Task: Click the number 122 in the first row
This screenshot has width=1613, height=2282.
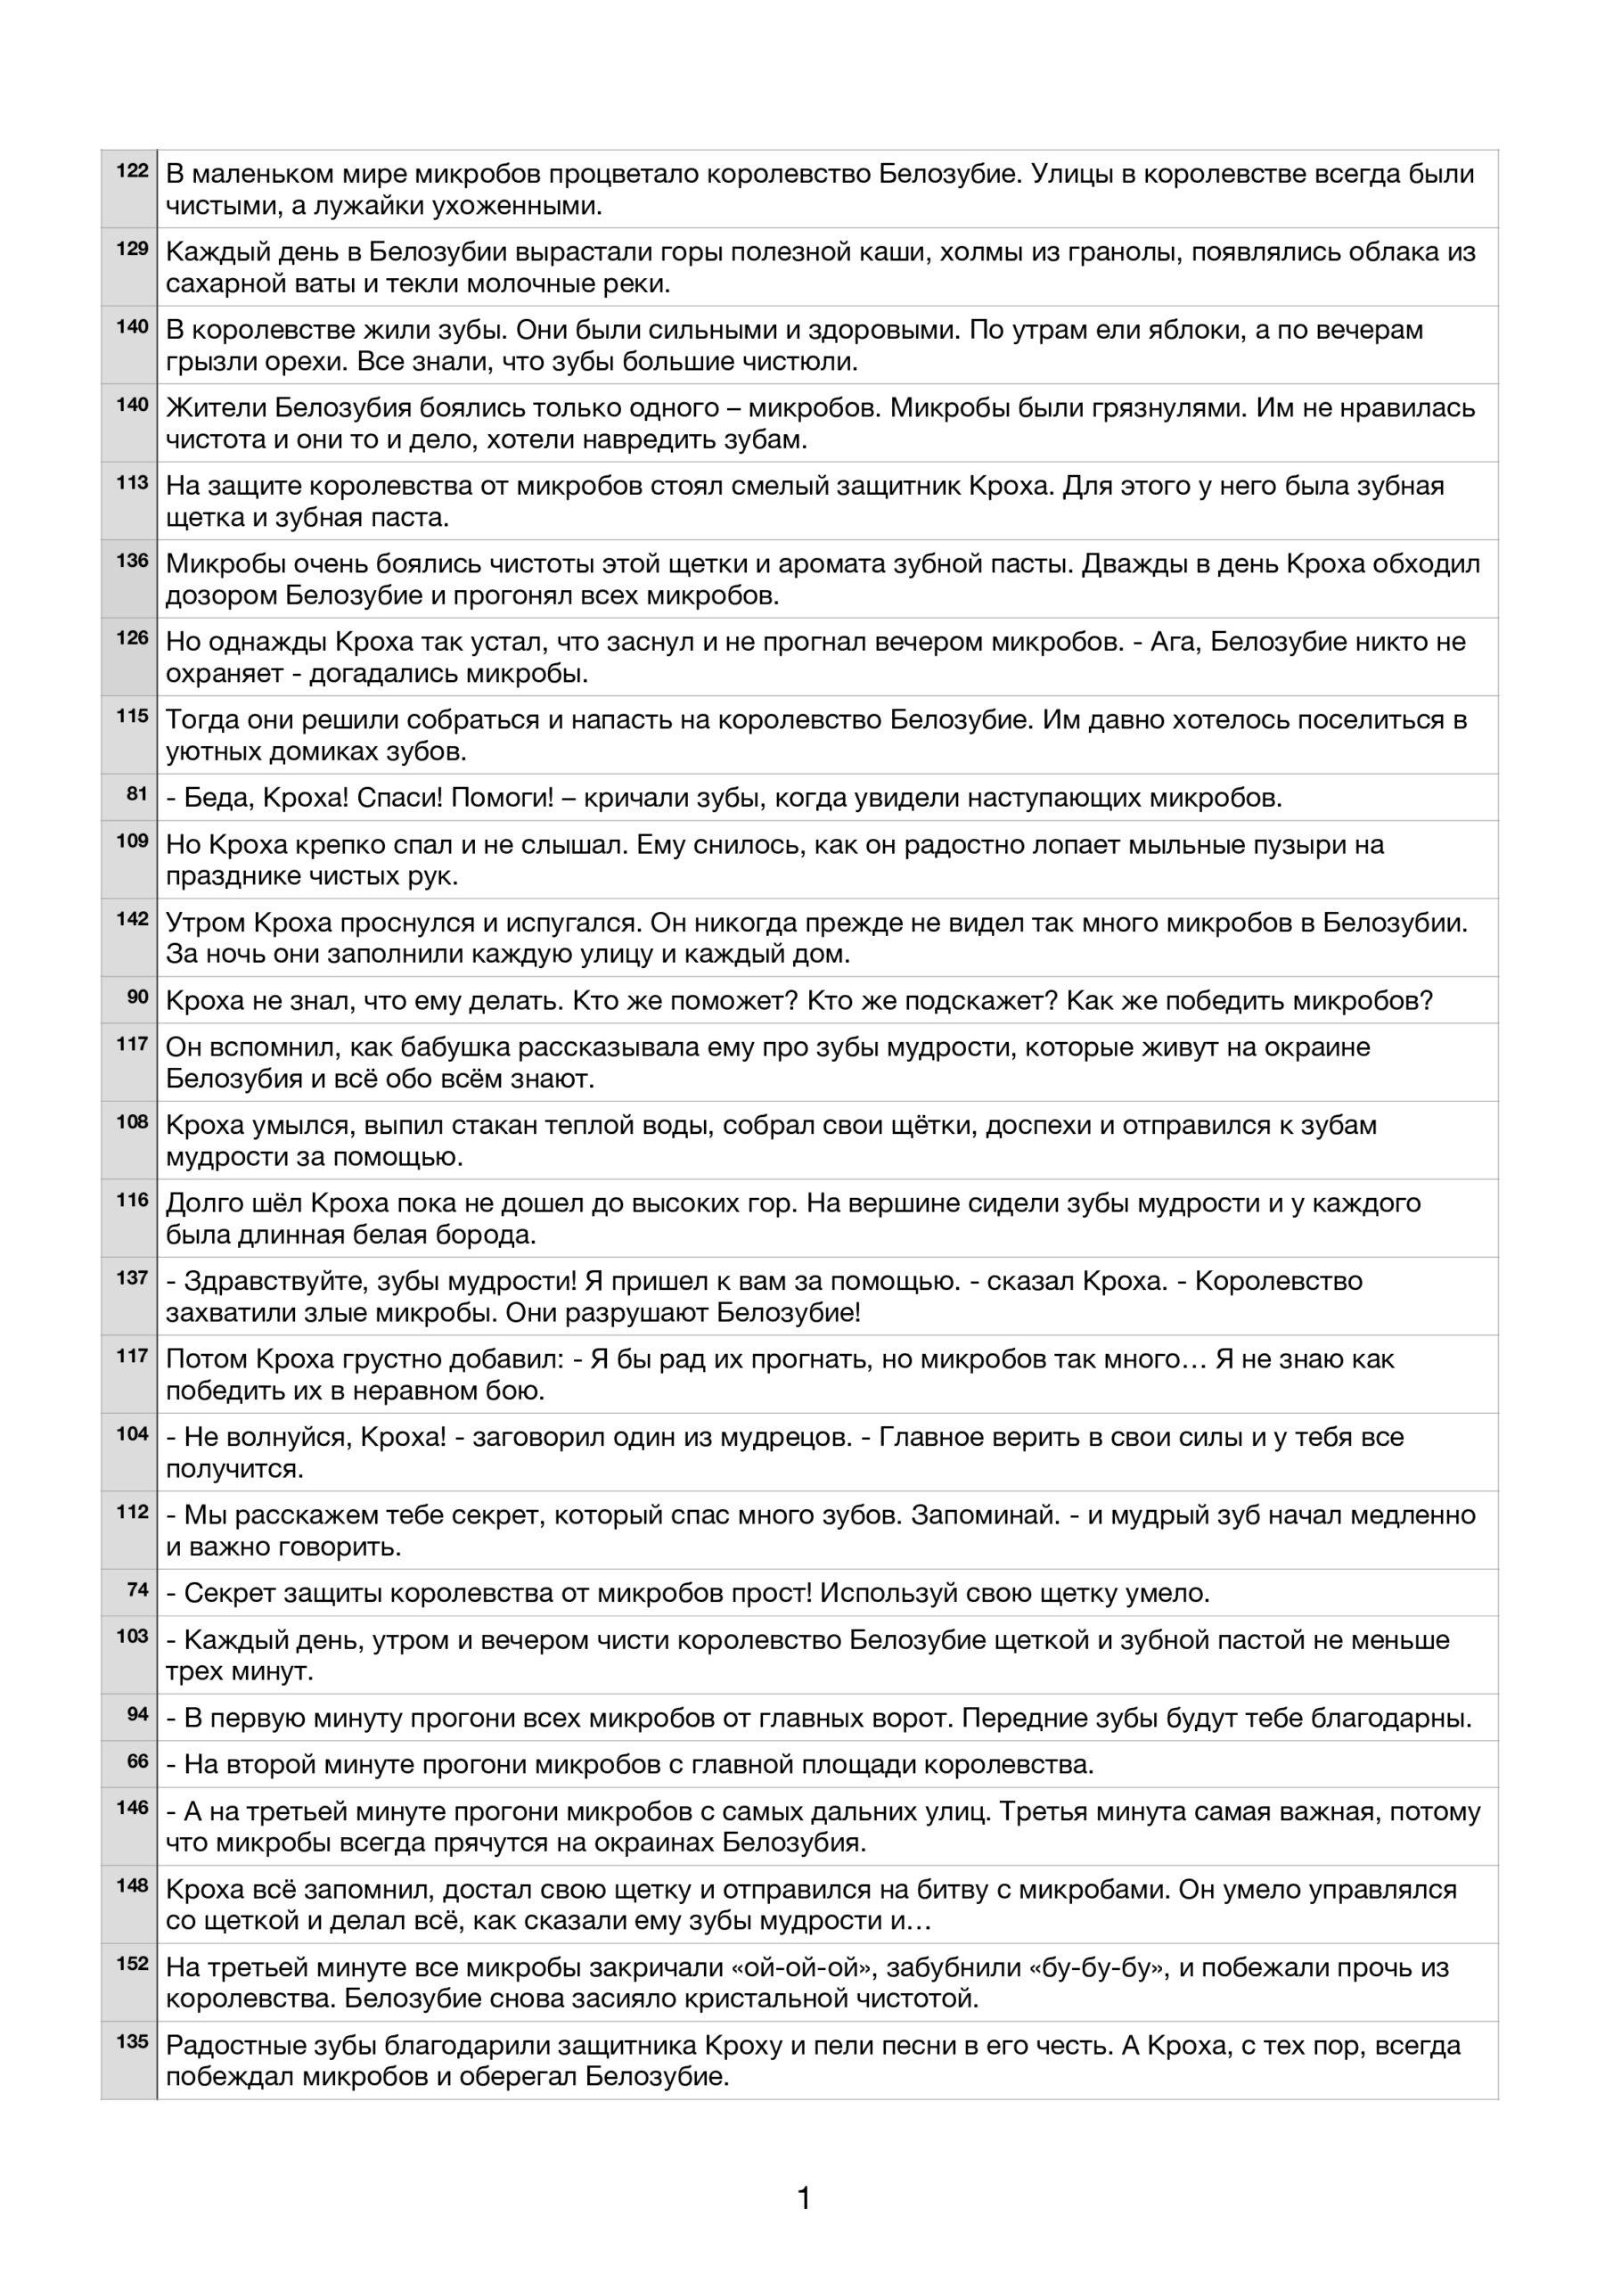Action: (x=132, y=170)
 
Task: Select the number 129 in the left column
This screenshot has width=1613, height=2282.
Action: (x=132, y=249)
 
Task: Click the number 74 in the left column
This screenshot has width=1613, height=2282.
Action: (x=137, y=1589)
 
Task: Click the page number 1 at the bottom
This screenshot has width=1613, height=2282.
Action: (x=804, y=2197)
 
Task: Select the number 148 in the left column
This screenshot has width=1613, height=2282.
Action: (x=132, y=1884)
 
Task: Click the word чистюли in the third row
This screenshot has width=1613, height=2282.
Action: (x=800, y=362)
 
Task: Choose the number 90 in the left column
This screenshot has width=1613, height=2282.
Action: (x=137, y=996)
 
